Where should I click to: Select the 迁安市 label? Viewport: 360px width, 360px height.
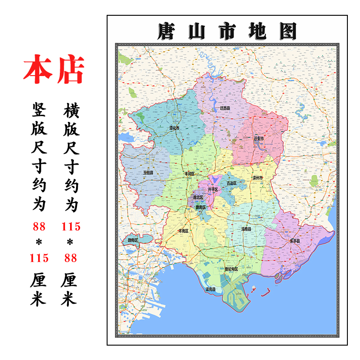click(x=257, y=139)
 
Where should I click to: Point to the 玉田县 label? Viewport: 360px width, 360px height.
click(x=148, y=172)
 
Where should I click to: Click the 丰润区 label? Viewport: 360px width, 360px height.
click(x=189, y=173)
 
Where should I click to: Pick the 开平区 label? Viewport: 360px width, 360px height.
click(x=213, y=189)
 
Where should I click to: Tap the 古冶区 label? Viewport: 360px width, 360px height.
click(x=231, y=183)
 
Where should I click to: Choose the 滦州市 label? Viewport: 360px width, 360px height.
click(x=258, y=178)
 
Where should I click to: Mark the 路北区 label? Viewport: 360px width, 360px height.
click(x=198, y=197)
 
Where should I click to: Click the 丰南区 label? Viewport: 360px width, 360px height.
click(x=184, y=230)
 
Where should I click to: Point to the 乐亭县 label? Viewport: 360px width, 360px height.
click(x=295, y=241)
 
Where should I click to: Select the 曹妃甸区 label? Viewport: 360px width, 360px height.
click(x=231, y=269)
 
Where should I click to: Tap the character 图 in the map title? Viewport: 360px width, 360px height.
click(x=286, y=31)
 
